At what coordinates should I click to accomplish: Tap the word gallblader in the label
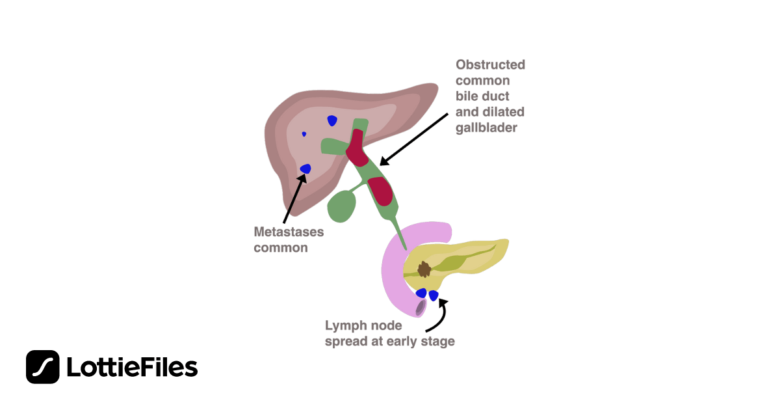coord(486,128)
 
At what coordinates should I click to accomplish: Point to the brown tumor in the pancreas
coord(424,269)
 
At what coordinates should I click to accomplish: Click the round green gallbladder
coord(342,207)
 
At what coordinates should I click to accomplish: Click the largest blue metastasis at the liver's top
coord(332,120)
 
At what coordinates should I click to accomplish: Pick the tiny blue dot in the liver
coord(304,134)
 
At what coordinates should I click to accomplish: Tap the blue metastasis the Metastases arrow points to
coord(305,169)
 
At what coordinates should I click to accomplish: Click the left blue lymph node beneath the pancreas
coord(422,294)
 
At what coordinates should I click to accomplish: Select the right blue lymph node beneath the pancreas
coord(434,295)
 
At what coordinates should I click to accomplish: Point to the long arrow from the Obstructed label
coord(416,138)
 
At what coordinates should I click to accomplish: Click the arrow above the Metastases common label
coord(293,198)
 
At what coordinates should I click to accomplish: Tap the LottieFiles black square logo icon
coord(43,367)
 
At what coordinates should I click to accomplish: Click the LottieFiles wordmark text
coord(132,368)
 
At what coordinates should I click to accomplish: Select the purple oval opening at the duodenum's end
coord(421,307)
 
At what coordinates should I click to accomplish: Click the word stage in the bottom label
coord(438,341)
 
